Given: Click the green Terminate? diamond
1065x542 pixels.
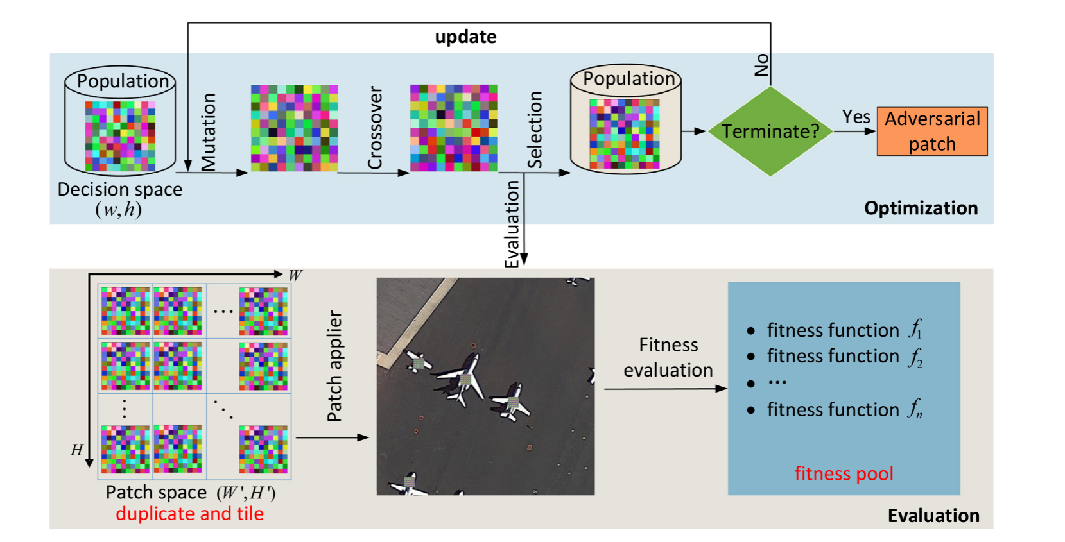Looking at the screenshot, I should tap(770, 131).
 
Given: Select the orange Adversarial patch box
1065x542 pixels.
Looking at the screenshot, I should tap(931, 131).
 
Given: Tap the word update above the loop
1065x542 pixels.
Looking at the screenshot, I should tap(465, 37).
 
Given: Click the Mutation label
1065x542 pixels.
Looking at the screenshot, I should tap(209, 131).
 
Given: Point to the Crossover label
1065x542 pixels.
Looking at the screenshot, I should tap(375, 128).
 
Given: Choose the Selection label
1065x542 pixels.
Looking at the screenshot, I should tap(534, 130).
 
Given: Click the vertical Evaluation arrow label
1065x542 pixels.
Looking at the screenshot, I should tap(512, 224).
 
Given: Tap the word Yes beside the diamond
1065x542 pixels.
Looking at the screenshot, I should tap(856, 117).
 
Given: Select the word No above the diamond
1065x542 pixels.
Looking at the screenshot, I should tap(762, 65).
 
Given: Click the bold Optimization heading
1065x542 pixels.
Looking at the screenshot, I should tap(921, 208).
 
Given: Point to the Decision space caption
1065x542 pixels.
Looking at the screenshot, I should tap(120, 190).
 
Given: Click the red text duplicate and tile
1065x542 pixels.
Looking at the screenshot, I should tap(189, 514).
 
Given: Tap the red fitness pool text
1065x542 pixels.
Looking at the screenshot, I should tap(844, 473).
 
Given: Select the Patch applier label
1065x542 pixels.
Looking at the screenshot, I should tap(334, 366).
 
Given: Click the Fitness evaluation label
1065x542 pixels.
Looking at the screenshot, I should tap(668, 357).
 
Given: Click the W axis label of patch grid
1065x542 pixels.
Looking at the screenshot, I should tap(295, 276).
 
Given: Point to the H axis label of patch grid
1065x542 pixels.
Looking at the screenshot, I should tap(77, 450).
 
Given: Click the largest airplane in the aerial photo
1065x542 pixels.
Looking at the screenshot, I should tap(462, 378).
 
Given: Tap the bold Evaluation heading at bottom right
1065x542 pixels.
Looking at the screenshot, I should tap(933, 516).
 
